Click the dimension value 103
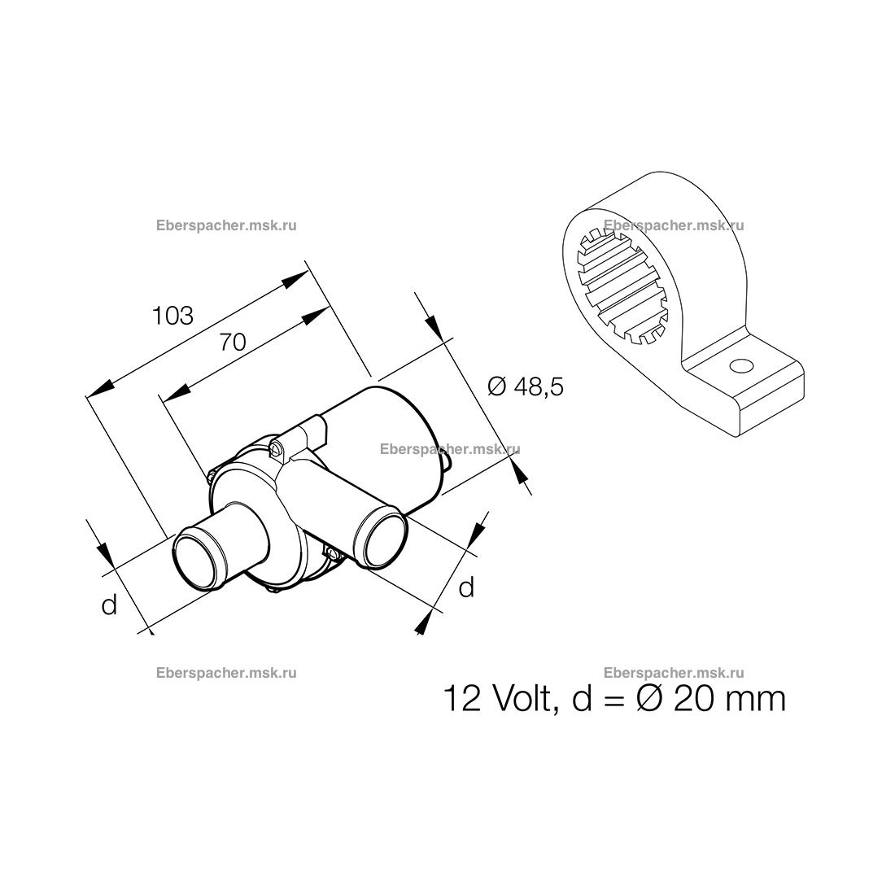172,316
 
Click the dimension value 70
233,342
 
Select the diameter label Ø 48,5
526,386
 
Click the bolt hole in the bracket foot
741,365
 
